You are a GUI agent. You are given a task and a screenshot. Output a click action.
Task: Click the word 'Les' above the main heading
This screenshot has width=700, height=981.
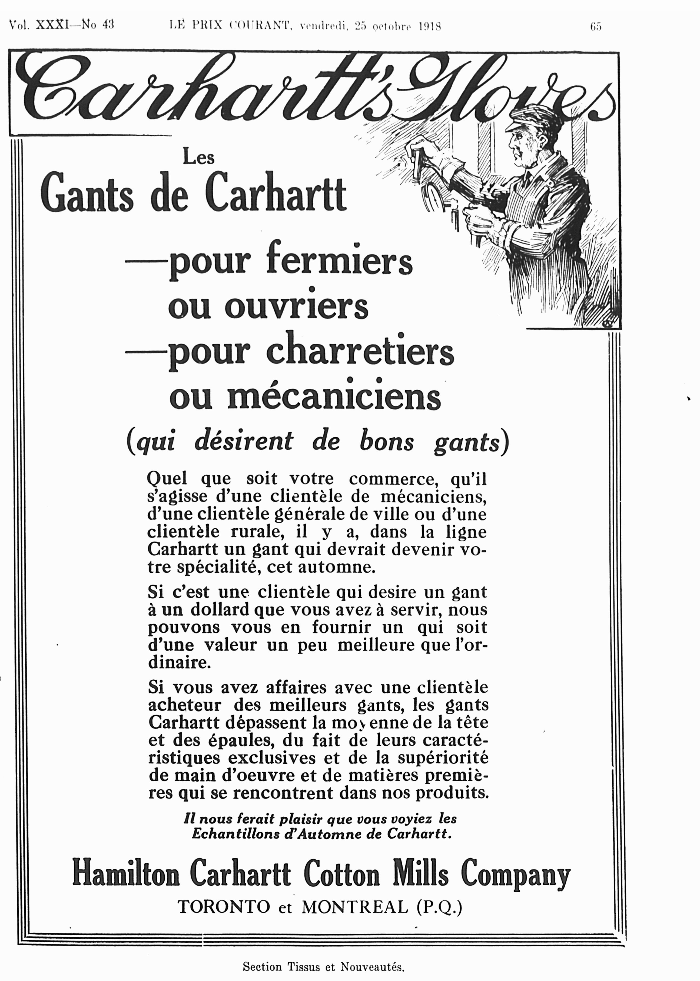(199, 158)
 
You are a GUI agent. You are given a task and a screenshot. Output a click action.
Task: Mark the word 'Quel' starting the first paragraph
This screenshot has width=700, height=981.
(167, 479)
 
